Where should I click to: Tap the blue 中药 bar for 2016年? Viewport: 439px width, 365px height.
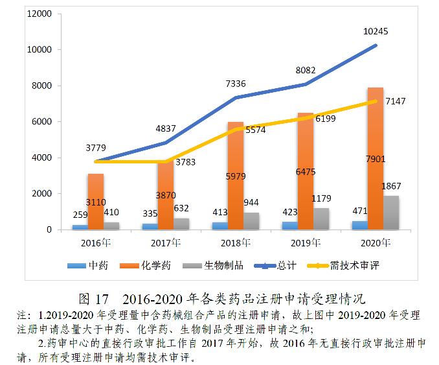(80, 227)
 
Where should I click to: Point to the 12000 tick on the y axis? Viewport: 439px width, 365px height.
(39, 14)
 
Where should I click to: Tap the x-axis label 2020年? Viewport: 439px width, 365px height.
(376, 244)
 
